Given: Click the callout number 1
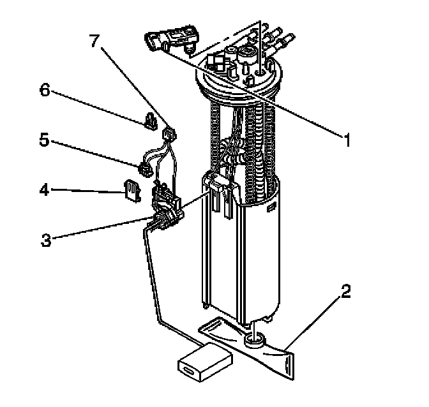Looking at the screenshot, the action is click(x=347, y=140).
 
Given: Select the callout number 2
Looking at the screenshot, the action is click(x=345, y=292).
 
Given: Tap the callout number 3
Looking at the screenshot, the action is click(x=46, y=240).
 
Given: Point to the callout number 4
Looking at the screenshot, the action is click(x=45, y=189).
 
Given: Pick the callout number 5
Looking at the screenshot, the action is click(x=44, y=140).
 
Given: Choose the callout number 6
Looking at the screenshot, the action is click(x=45, y=90).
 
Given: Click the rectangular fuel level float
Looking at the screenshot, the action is click(x=205, y=362).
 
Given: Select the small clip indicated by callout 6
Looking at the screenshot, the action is click(x=151, y=121).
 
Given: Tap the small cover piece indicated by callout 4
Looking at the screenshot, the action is click(x=133, y=191).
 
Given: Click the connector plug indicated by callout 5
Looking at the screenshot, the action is click(x=146, y=170).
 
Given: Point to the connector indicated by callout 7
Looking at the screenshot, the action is click(x=169, y=135).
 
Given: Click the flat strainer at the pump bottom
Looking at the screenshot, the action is click(x=247, y=347).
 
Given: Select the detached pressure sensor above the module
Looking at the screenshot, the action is click(x=172, y=40).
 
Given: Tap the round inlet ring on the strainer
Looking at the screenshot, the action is click(x=255, y=340).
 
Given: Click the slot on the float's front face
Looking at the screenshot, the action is click(x=189, y=371).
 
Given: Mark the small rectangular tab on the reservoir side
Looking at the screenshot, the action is click(x=272, y=207).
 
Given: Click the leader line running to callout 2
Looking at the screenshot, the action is click(x=313, y=323).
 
